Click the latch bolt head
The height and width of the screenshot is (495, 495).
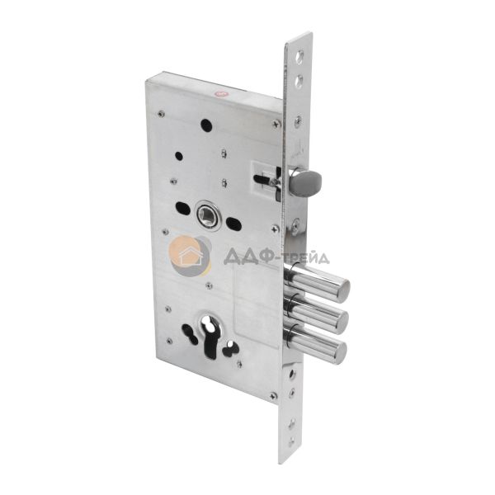pos(308,181)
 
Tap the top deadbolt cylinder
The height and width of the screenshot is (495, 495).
pos(318,282)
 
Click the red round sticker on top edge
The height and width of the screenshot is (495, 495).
pos(221,93)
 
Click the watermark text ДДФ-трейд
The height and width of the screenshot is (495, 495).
pos(276,257)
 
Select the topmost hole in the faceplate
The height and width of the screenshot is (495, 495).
pos(299,56)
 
